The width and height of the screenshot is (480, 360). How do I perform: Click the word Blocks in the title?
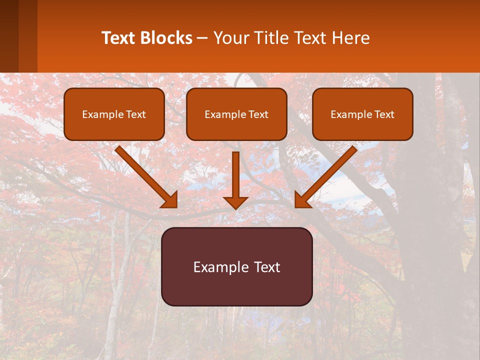click(166, 38)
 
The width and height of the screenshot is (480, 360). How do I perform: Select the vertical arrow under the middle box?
click(236, 175)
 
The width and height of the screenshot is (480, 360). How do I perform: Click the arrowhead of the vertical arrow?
click(236, 202)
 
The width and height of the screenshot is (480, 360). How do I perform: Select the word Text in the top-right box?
click(383, 114)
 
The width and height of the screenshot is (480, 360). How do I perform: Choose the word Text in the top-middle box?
click(257, 114)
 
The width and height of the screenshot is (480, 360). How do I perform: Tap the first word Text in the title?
click(118, 38)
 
